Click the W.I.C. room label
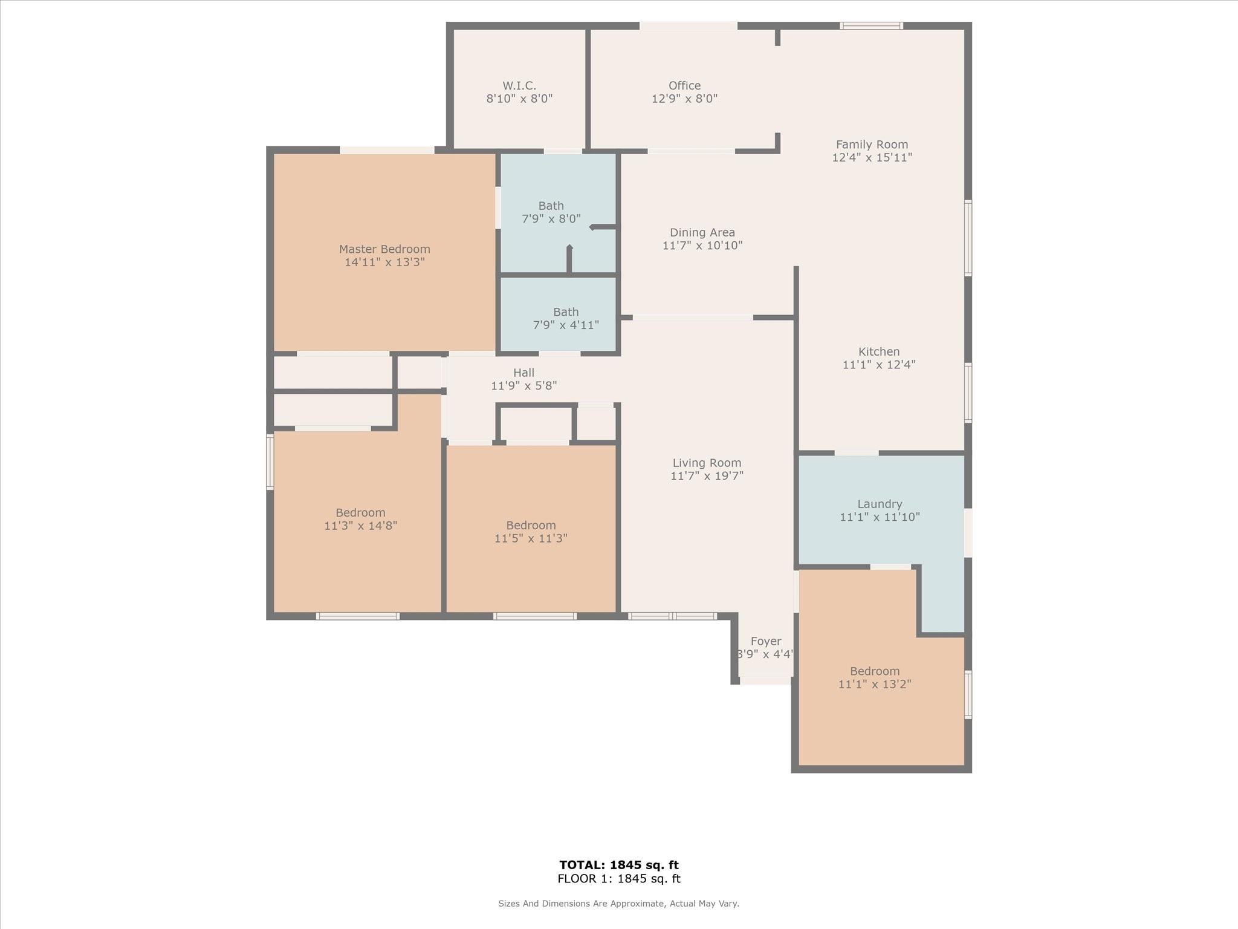coord(519,86)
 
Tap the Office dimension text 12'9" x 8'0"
coord(684,99)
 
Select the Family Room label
coord(872,145)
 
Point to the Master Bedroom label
coord(384,249)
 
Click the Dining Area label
coord(702,232)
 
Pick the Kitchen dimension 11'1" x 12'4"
coord(879,365)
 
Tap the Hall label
coord(524,373)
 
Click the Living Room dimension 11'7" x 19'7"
coord(707,476)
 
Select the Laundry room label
coord(880,504)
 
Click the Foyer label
coord(766,641)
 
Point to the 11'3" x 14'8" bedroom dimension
coord(360,526)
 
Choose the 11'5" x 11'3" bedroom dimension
coord(531,538)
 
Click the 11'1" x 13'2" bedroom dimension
coord(875,684)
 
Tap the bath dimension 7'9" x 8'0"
coord(551,219)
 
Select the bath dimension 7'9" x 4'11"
coord(566,325)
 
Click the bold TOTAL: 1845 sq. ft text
coord(619,865)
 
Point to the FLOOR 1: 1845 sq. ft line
coord(619,879)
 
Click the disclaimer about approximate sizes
coord(618,904)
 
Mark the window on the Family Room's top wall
coord(871,25)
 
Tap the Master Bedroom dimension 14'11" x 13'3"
coord(384,262)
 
